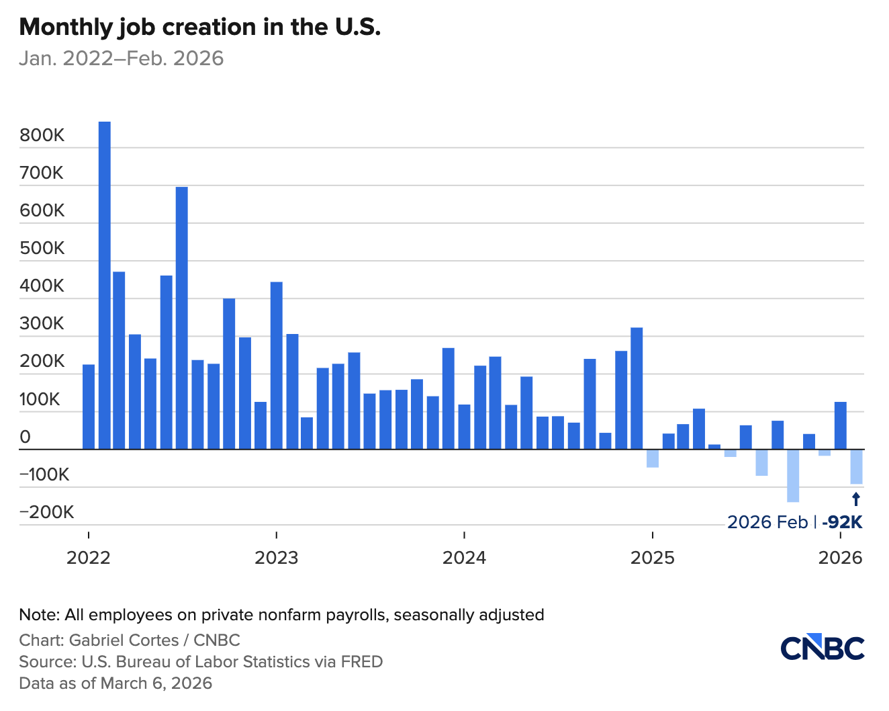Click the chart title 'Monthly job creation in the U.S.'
click(x=199, y=27)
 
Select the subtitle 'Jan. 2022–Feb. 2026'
click(x=121, y=58)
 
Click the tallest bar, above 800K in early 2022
click(x=105, y=285)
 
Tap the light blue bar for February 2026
click(x=856, y=466)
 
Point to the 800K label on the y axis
click(x=42, y=135)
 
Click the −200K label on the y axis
click(x=46, y=513)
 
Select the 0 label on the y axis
click(x=26, y=437)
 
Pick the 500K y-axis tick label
click(x=42, y=249)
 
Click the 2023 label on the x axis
click(x=276, y=558)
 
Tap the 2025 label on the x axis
click(x=652, y=558)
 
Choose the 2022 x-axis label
click(x=88, y=558)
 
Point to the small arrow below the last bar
click(x=856, y=499)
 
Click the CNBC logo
click(x=822, y=646)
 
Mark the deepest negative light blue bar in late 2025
click(x=793, y=476)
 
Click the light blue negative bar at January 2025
click(x=652, y=458)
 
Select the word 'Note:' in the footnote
click(x=40, y=615)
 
